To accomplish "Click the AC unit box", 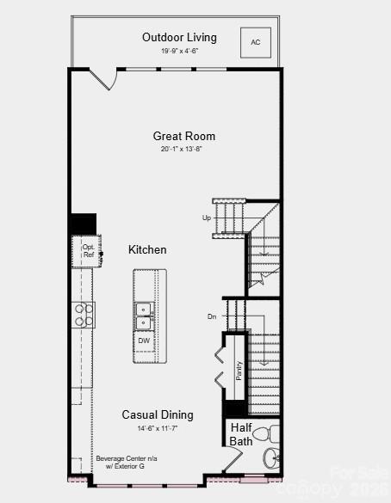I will click(256, 42).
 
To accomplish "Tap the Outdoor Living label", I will click(179, 37).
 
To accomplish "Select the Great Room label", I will click(184, 136).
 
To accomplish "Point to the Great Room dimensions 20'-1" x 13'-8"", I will click(182, 149).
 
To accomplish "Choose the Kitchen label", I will click(147, 249).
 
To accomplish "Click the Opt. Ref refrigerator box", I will click(88, 250).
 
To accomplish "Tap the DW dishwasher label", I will click(144, 340).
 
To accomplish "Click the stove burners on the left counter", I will click(84, 315).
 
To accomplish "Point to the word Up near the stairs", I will click(207, 218).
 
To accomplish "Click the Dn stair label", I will click(212, 316).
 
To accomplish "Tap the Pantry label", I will click(239, 370).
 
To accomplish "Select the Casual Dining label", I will click(158, 414).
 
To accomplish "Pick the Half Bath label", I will click(241, 434).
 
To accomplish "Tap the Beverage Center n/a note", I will click(127, 463).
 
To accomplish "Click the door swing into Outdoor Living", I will click(103, 79).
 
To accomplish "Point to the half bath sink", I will click(272, 457).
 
